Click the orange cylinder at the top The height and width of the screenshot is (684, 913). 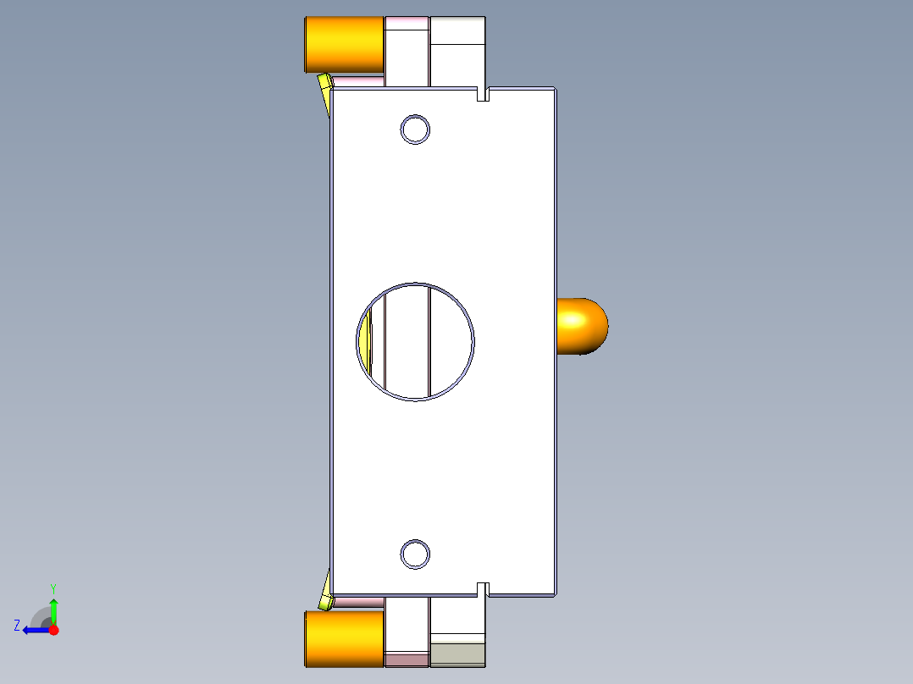tap(344, 45)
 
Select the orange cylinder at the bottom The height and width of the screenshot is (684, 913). tap(344, 638)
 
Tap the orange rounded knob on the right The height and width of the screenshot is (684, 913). tap(582, 326)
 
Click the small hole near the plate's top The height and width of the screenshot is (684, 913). tap(415, 130)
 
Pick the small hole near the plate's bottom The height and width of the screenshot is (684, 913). tap(415, 554)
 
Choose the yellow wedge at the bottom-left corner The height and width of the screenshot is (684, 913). tap(325, 593)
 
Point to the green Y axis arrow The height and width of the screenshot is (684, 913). tap(53, 610)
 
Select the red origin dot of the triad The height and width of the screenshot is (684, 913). tap(53, 630)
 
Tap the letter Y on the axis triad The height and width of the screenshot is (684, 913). tap(53, 587)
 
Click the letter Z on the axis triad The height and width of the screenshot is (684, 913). tap(17, 626)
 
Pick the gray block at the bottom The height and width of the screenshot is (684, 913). tap(457, 654)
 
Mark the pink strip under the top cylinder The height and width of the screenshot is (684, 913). tap(360, 81)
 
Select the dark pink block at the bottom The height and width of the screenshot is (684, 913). tap(407, 659)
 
